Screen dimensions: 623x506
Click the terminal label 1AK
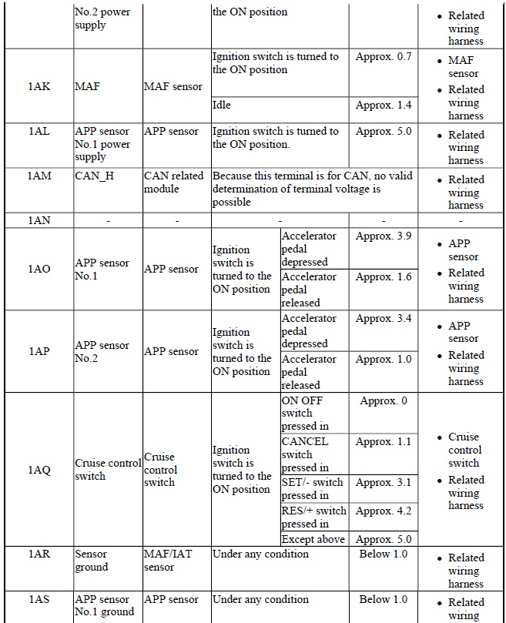click(39, 87)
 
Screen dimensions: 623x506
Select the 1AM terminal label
click(39, 176)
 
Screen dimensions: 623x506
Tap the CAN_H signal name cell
click(95, 176)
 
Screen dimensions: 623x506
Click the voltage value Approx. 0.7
click(384, 57)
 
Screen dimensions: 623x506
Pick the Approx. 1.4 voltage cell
click(384, 104)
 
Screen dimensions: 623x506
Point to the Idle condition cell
click(222, 104)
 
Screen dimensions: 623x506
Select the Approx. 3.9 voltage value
click(384, 236)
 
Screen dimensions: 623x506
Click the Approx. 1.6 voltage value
click(384, 276)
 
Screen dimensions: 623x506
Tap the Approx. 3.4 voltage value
click(384, 318)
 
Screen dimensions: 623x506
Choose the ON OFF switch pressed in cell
click(304, 413)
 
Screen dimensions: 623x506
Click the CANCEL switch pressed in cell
click(304, 454)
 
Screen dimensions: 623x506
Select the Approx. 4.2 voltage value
click(384, 511)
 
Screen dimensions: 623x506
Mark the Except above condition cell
click(313, 539)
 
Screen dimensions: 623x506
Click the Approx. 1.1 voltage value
click(384, 442)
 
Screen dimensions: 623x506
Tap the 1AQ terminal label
click(39, 470)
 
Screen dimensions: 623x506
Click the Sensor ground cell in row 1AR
click(92, 561)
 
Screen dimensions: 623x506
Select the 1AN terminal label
click(39, 220)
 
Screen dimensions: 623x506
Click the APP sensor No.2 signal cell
click(102, 351)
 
